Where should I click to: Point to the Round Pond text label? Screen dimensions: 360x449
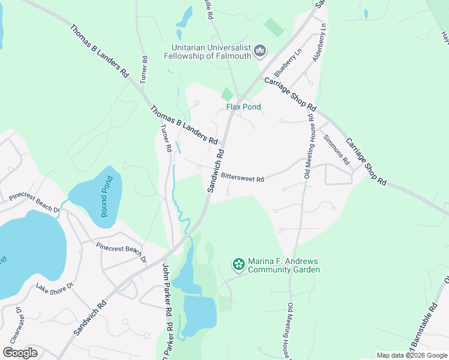106,193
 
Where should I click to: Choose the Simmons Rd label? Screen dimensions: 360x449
336,149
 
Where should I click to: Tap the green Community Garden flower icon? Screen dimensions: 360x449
239,264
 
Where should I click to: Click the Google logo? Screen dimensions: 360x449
20,353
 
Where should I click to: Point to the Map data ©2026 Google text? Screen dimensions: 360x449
411,355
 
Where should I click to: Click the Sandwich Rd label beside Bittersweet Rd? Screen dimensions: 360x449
217,170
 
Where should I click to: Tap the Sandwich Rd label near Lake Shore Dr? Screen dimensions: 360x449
90,318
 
